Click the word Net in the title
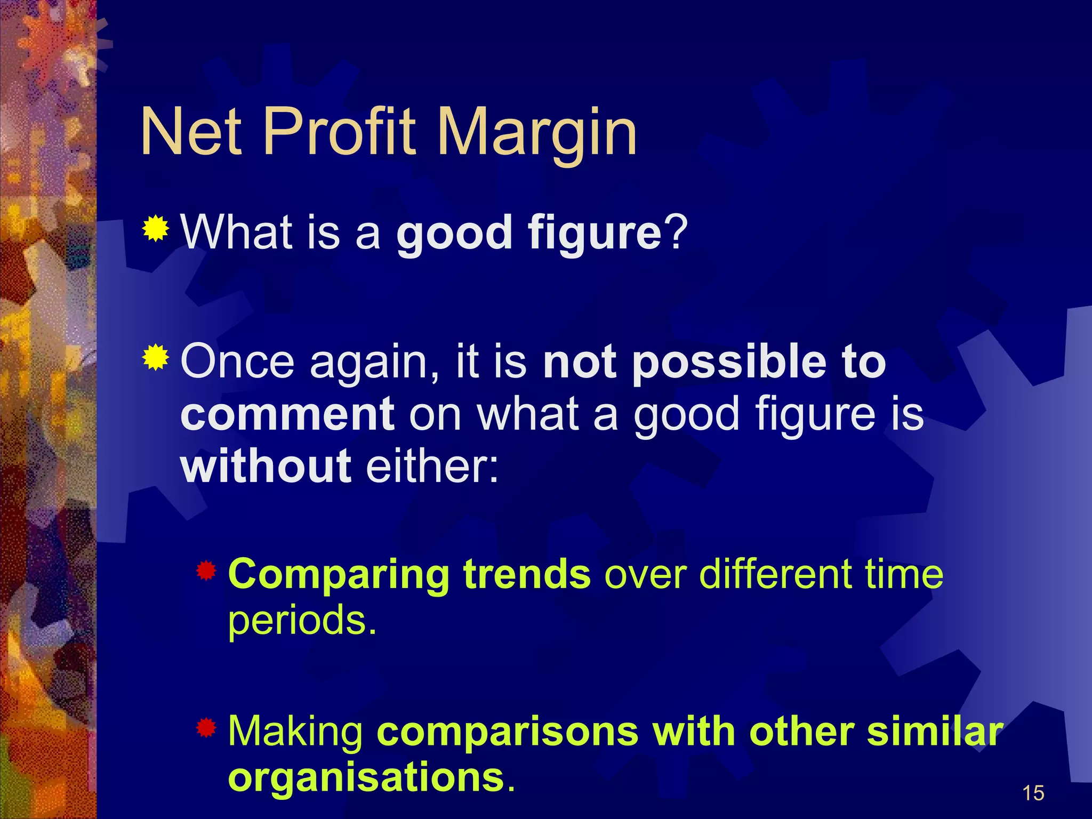point(192,132)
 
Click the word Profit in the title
point(339,132)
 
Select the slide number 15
point(1033,793)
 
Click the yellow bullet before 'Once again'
point(156,357)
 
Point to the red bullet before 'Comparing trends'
point(206,571)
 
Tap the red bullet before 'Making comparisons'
point(206,727)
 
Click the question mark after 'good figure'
point(676,232)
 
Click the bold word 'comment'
point(287,414)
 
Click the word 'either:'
point(432,465)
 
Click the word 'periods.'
point(302,621)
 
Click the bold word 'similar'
point(935,732)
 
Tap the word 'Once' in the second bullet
point(238,363)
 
